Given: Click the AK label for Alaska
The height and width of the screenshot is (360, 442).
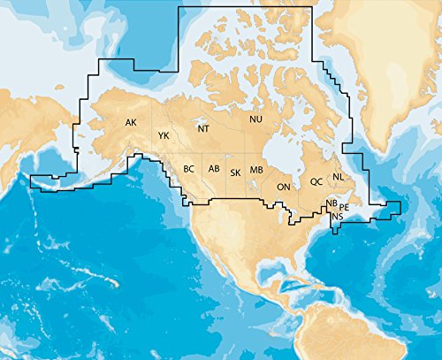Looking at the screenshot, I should (x=131, y=122).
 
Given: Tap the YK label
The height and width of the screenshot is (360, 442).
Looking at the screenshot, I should (x=164, y=135).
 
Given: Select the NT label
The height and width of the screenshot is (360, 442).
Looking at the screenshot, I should (x=203, y=129).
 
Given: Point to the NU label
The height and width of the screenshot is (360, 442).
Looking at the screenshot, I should (x=255, y=119).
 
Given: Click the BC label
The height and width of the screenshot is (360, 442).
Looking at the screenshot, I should (x=189, y=169).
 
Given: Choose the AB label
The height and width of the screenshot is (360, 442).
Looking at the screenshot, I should (x=213, y=169).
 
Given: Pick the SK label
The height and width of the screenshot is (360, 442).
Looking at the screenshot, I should (x=235, y=172).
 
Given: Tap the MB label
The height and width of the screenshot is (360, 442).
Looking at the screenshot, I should (x=256, y=170).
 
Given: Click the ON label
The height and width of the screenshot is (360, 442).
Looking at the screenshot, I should (x=284, y=188).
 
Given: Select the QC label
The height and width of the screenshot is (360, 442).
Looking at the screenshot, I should (x=316, y=181).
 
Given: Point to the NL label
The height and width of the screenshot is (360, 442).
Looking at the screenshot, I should (x=338, y=177).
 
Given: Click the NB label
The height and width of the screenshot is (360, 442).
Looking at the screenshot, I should (x=331, y=203).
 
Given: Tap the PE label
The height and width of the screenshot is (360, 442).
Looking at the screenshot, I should (x=345, y=207).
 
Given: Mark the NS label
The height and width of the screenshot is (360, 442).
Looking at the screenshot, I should (x=338, y=216).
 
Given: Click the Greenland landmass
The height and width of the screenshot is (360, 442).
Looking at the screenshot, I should (x=389, y=71).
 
